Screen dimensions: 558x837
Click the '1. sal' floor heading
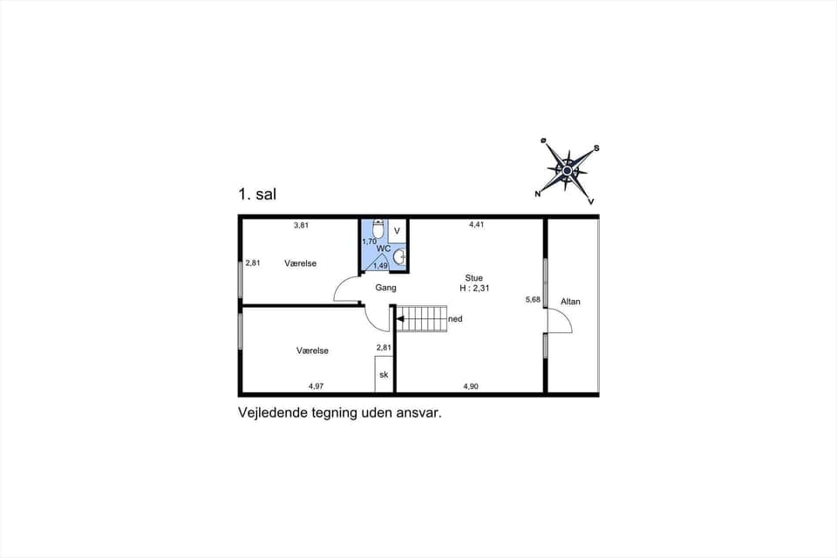click(x=257, y=195)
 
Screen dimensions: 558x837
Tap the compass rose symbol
click(x=568, y=171)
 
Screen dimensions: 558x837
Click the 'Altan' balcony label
click(x=570, y=302)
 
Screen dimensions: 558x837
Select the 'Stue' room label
click(x=473, y=278)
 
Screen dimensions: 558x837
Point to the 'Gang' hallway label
click(x=385, y=287)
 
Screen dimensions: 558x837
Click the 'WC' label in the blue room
click(x=383, y=248)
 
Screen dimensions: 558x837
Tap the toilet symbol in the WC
click(x=377, y=229)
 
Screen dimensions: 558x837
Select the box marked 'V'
click(x=397, y=231)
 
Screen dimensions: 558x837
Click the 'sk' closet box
click(x=383, y=375)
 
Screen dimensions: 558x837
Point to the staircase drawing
click(x=421, y=318)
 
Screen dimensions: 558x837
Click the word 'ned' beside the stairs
click(x=455, y=319)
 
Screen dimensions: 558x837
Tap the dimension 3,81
click(x=301, y=225)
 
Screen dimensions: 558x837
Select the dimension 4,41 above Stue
click(x=476, y=224)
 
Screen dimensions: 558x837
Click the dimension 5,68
click(x=533, y=299)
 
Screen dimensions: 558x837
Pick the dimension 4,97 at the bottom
click(x=316, y=385)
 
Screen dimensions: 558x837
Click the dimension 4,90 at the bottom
click(x=471, y=385)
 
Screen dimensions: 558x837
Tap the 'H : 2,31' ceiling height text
click(x=474, y=288)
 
